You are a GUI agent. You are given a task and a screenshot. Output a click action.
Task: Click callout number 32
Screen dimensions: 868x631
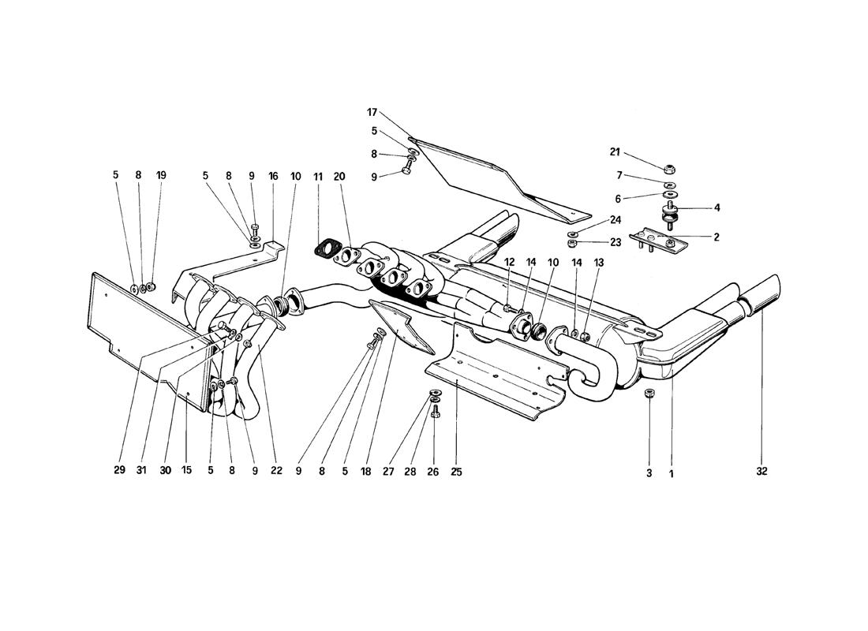[x=761, y=472]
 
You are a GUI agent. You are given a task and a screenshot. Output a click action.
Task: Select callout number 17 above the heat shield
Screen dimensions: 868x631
[x=372, y=112]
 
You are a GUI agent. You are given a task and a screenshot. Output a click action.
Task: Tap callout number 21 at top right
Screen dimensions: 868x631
[x=615, y=152]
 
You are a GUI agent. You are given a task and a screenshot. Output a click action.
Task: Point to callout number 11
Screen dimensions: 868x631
[x=318, y=177]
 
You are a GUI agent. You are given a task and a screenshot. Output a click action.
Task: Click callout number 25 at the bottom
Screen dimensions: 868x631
[x=456, y=472]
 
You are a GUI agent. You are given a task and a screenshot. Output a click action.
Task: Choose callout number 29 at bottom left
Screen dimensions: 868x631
[x=120, y=470]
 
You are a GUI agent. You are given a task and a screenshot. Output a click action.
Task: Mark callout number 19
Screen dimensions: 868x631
[x=161, y=175]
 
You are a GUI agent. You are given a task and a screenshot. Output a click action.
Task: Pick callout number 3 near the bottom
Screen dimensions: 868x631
[x=649, y=473]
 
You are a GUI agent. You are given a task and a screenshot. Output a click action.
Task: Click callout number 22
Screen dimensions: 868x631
[x=276, y=470]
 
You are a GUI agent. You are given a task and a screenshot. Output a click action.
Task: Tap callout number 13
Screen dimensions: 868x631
[x=600, y=263]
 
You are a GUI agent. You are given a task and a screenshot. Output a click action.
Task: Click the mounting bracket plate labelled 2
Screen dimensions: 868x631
[x=657, y=242]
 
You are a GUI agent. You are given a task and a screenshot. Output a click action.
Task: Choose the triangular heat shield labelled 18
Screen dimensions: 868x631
[x=403, y=327]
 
